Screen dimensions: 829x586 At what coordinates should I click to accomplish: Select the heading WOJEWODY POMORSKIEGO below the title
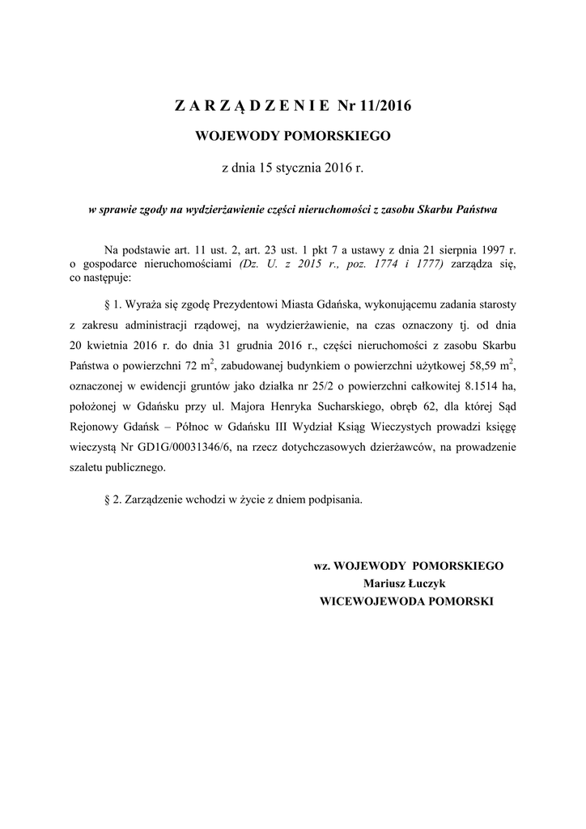(x=294, y=136)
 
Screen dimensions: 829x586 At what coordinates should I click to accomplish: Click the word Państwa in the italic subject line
(x=477, y=210)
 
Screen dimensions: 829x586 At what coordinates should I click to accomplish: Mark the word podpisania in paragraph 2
(x=338, y=500)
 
